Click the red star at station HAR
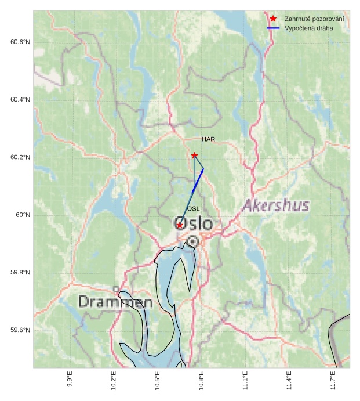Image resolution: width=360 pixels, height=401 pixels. (195, 155)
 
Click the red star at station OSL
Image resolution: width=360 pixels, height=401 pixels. (180, 225)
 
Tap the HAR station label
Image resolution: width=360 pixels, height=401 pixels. (208, 139)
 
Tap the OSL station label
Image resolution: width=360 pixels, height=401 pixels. (193, 209)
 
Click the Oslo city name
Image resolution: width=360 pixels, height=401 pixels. (194, 223)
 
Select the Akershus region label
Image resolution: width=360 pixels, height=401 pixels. (275, 205)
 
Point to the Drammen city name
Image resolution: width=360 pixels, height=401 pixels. (115, 302)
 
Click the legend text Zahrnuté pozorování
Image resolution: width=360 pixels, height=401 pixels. (314, 19)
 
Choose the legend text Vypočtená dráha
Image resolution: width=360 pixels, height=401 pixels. (308, 28)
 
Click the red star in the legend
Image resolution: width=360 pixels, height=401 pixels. (273, 19)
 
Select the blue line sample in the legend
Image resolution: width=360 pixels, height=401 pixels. (273, 28)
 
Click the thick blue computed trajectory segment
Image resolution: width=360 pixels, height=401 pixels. (197, 180)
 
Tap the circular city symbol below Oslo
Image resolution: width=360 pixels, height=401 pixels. (192, 241)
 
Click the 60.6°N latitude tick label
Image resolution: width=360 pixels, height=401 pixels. (20, 42)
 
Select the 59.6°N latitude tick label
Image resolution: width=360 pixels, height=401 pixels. (20, 330)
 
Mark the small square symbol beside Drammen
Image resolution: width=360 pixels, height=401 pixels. (116, 289)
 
